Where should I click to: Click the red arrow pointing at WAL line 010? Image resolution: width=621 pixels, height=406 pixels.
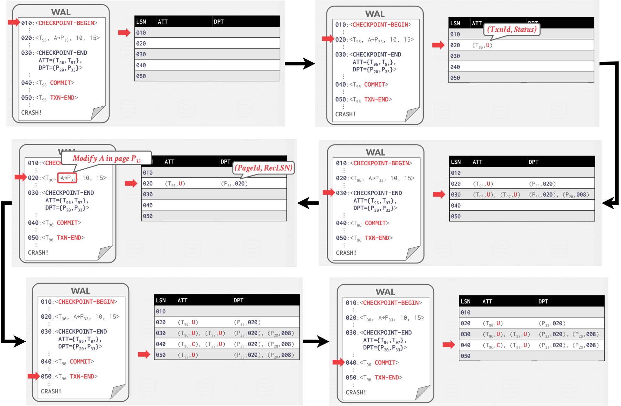(x=14, y=22)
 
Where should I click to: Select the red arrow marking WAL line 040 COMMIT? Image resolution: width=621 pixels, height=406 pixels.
(x=338, y=362)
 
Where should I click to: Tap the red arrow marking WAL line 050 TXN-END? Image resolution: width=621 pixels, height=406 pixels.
(x=34, y=376)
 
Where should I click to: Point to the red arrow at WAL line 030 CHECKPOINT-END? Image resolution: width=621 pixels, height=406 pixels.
(x=329, y=193)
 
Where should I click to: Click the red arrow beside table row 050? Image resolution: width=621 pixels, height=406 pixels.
(x=144, y=355)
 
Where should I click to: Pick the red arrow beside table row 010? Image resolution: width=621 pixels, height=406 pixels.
(x=124, y=32)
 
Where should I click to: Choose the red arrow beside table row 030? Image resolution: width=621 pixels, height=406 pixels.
(x=439, y=194)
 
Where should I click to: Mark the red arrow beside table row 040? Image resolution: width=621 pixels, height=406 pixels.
(x=449, y=345)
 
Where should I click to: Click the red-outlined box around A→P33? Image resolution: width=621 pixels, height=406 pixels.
(x=67, y=178)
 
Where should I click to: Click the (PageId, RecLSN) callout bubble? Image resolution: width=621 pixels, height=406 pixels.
(x=263, y=168)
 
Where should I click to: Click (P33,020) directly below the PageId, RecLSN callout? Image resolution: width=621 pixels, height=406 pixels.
(x=234, y=184)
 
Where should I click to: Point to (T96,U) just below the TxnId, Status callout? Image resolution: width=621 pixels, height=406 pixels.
(x=482, y=45)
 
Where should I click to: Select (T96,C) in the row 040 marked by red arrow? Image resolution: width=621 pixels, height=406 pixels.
(x=493, y=345)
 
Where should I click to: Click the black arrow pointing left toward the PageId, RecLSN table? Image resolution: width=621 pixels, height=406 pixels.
(x=308, y=203)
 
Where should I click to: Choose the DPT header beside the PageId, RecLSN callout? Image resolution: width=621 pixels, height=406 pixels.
(x=226, y=162)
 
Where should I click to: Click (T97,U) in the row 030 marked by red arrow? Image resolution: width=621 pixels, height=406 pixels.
(x=510, y=195)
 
